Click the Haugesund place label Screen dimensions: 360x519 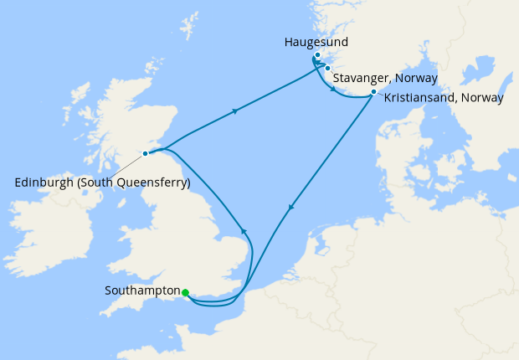click(316, 41)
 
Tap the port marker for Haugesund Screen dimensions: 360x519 click(317, 55)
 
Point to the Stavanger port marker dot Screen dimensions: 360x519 click(328, 68)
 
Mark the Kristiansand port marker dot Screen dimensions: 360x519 click(373, 92)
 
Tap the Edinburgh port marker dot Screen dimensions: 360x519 click(146, 153)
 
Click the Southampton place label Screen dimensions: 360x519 click(143, 291)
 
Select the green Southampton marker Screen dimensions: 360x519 click(185, 292)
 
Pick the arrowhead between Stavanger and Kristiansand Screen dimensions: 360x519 click(335, 89)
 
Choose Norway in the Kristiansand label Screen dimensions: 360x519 click(484, 97)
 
